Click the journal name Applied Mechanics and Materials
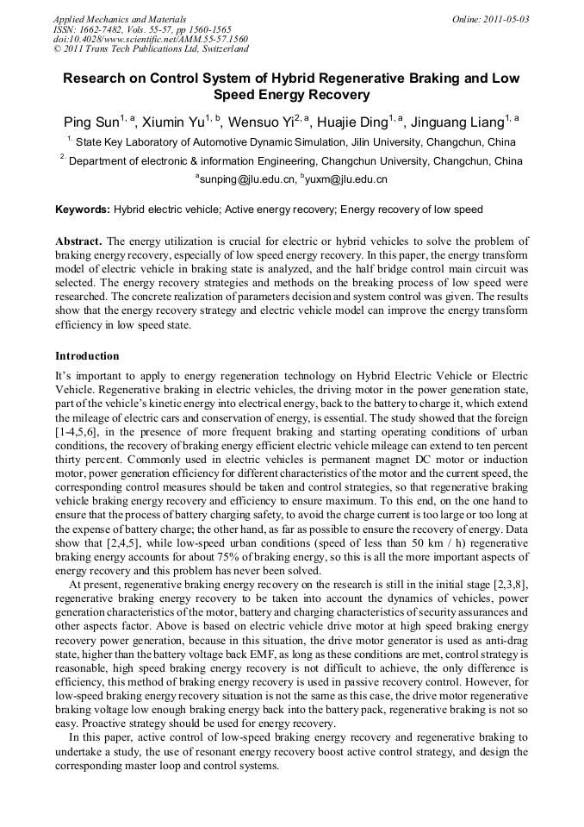pos(119,18)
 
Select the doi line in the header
pos(151,40)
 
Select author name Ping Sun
pos(91,122)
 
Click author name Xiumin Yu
pos(173,122)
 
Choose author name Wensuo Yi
pos(264,122)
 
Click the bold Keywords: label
pos(83,210)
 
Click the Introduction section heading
pos(87,355)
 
